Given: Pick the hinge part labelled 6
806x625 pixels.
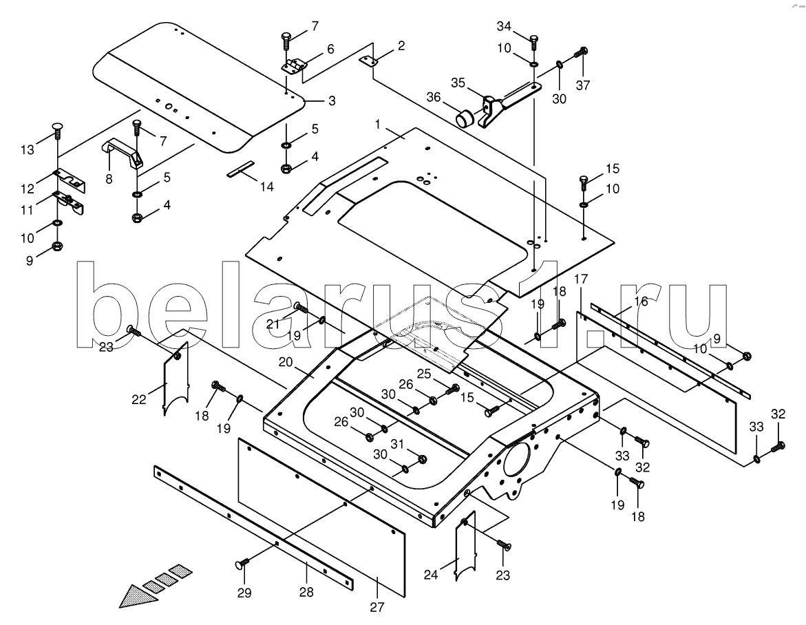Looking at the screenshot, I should (x=295, y=65).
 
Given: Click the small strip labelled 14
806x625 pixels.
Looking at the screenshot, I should (x=241, y=169).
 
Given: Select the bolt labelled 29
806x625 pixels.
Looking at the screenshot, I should (x=242, y=564).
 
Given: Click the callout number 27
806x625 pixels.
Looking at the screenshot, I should (x=377, y=606).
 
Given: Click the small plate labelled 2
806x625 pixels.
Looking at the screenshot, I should (x=370, y=61).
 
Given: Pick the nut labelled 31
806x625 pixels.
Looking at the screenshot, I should (x=423, y=458).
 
